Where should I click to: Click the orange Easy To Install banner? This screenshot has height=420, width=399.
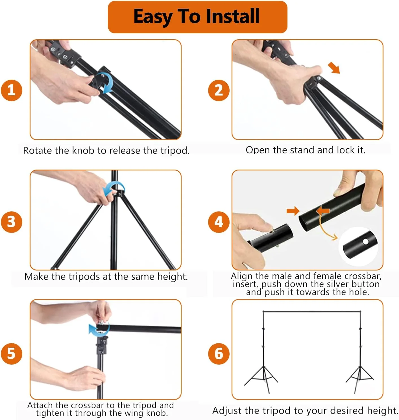point(197,17)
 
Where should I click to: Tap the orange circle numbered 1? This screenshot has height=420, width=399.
point(12,90)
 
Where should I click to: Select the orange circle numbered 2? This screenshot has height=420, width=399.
point(219,90)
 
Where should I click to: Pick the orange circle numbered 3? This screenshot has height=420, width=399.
point(12,222)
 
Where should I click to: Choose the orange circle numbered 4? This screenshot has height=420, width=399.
point(219,222)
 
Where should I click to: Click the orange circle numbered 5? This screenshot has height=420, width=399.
point(12,354)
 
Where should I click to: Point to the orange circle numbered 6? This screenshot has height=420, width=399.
point(219,354)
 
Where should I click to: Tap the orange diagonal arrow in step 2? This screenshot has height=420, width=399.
point(334,68)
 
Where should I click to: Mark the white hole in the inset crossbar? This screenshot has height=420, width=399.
point(365,242)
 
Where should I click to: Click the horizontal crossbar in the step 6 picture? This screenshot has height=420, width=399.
point(312,312)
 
